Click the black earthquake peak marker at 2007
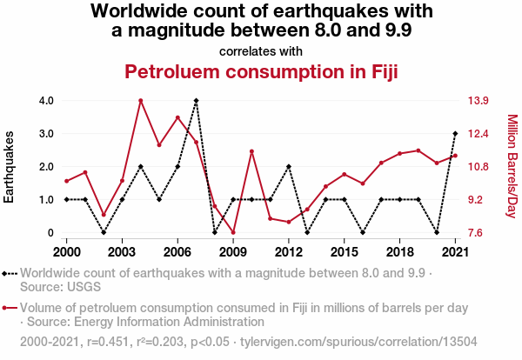click(196, 101)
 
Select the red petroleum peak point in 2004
click(140, 101)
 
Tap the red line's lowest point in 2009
click(233, 232)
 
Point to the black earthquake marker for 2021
click(455, 134)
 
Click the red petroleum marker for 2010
click(251, 151)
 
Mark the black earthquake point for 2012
click(288, 166)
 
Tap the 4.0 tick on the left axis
click(47, 101)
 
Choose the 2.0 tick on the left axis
click(47, 167)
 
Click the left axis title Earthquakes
click(10, 167)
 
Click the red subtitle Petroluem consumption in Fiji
click(261, 71)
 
